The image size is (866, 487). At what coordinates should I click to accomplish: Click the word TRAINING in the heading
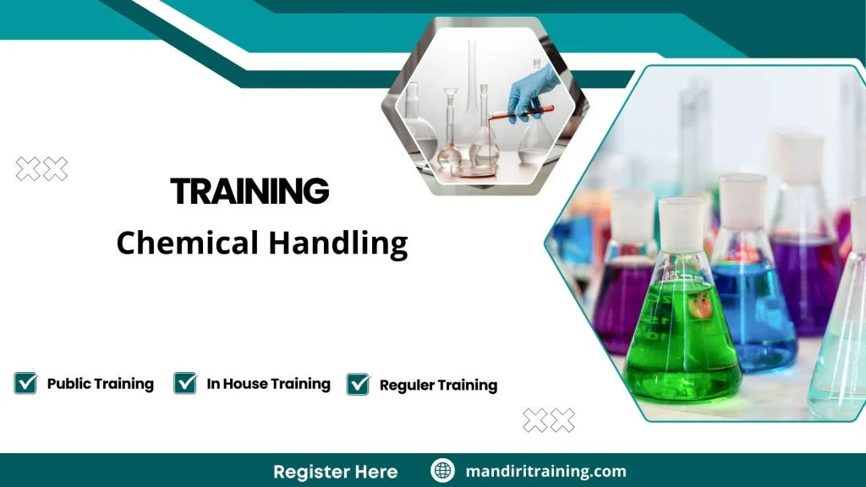point(249,192)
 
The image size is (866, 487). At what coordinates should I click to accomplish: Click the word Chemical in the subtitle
point(187,243)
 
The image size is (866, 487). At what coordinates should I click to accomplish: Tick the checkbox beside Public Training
point(25,383)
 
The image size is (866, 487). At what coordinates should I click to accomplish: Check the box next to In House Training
point(185,383)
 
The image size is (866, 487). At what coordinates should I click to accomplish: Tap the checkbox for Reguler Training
point(359,385)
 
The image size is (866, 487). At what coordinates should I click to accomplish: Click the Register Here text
point(335,471)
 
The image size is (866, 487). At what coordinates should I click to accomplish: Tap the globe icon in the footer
point(442,471)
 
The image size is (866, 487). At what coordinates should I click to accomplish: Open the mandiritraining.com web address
point(545,471)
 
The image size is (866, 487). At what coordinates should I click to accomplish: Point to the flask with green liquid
point(682,338)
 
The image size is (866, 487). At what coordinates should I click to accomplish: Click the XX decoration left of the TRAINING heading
point(41,169)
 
